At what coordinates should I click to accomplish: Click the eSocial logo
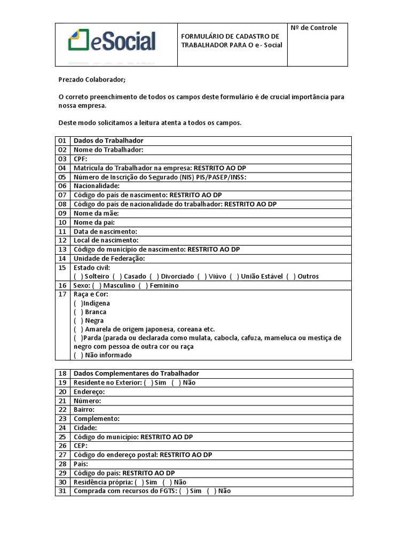click(112, 42)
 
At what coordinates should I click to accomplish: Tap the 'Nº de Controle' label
click(314, 28)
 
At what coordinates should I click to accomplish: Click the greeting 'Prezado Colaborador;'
click(92, 80)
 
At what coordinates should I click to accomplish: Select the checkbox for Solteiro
click(78, 276)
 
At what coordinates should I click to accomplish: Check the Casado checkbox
click(117, 276)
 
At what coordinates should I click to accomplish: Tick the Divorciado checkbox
click(154, 276)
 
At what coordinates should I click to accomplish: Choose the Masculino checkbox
click(97, 285)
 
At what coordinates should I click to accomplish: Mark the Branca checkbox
click(78, 311)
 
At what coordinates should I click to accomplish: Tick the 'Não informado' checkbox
click(78, 355)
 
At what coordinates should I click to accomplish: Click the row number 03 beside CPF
click(62, 159)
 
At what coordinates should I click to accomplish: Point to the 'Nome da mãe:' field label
click(92, 213)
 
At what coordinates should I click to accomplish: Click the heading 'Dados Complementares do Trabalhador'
click(136, 373)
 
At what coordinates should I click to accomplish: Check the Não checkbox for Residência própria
click(167, 482)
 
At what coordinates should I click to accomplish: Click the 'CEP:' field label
click(81, 446)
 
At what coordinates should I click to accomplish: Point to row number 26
click(62, 446)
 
